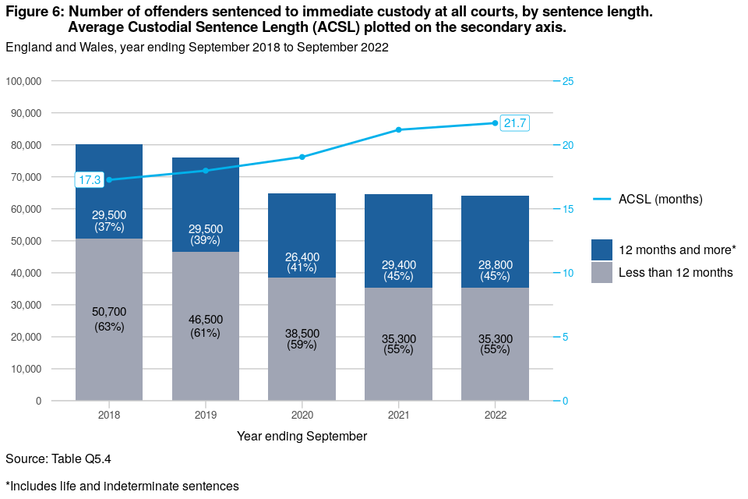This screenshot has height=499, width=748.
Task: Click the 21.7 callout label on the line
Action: pos(515,123)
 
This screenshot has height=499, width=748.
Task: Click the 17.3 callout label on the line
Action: pos(90,180)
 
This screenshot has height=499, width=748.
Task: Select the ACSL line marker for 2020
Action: pos(302,157)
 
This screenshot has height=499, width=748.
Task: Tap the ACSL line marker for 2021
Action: pos(398,129)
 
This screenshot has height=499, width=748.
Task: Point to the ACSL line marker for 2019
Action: pos(206,170)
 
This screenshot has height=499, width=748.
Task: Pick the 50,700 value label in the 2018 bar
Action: pos(109,312)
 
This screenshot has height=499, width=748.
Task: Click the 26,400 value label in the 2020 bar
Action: pos(302,257)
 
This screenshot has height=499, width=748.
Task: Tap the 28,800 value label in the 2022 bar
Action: pos(495,265)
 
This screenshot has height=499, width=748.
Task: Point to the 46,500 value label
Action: pos(206,320)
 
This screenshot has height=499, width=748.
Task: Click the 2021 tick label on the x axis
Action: pos(398,415)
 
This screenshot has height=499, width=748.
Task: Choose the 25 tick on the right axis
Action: pos(568,81)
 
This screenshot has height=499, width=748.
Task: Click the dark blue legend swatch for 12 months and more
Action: pos(602,249)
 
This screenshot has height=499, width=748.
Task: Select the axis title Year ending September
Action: pos(302,437)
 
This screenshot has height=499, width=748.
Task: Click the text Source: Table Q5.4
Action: pos(53,458)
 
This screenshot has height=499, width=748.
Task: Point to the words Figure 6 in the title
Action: pos(33,12)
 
